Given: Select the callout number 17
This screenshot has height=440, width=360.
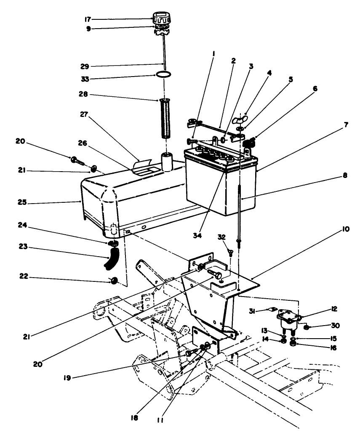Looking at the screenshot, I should (x=88, y=19).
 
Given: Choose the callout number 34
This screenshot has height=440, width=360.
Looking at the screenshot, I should (x=196, y=236).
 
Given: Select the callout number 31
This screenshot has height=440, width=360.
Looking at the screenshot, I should (x=251, y=311).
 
